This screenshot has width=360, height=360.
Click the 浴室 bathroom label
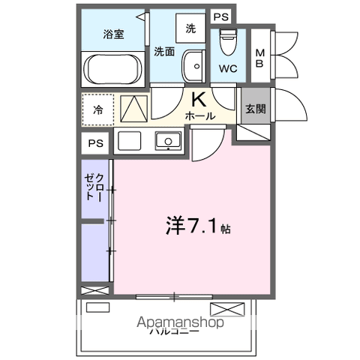113,34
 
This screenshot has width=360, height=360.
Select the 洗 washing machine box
190,28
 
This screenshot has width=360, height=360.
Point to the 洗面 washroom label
165,52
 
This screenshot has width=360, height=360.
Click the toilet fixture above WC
226,40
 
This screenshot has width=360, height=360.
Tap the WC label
229,69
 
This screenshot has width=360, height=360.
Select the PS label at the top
220,16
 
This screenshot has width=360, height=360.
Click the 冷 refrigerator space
98,109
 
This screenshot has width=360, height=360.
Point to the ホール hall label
200,116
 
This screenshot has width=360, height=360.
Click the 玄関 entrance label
253,108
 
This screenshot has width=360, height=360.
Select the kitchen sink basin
167,141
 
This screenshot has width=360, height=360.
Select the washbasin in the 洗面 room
194,65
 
